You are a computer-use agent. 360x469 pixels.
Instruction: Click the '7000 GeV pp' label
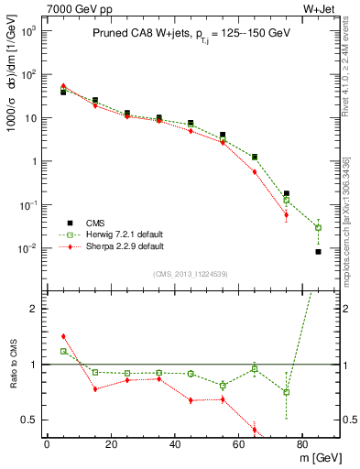(x=74, y=8)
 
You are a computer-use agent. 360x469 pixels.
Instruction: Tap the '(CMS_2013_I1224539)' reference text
(x=191, y=273)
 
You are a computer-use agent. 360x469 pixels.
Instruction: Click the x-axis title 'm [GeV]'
(x=320, y=456)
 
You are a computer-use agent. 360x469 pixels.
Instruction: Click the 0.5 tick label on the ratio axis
(x=27, y=420)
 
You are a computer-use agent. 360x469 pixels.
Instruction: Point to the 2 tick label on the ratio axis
(x=34, y=309)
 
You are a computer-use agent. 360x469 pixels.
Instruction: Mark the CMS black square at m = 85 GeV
(x=318, y=252)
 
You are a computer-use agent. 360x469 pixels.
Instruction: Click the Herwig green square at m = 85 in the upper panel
(x=318, y=227)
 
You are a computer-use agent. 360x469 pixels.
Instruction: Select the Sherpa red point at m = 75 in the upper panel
(x=286, y=216)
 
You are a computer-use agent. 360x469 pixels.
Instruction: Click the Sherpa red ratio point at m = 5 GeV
(x=63, y=336)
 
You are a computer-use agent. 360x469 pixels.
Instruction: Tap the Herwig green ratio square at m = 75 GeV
(x=286, y=392)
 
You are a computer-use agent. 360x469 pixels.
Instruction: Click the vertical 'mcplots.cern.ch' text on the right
(x=351, y=220)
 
